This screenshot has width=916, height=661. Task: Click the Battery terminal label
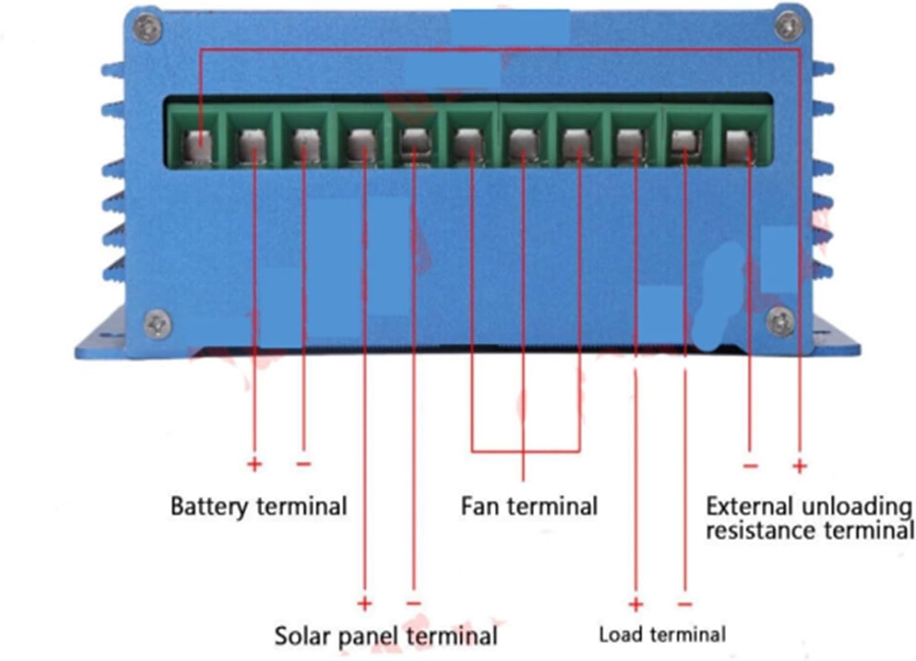(259, 507)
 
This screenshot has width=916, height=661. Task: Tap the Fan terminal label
(529, 507)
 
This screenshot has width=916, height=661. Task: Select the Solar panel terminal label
(386, 636)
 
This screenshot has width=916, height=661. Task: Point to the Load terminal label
(662, 635)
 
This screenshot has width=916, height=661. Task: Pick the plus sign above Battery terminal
(254, 464)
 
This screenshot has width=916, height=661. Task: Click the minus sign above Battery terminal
(303, 463)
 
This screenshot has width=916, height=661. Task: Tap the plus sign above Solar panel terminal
(365, 603)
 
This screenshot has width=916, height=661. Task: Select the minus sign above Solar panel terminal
(414, 603)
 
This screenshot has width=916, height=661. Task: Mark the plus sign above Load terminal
(636, 604)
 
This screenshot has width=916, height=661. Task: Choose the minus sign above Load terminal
(685, 604)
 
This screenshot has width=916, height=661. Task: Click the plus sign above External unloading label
(799, 466)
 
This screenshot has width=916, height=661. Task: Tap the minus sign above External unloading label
(750, 466)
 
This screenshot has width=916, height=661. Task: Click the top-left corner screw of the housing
(148, 27)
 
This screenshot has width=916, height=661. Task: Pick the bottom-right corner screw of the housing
(781, 320)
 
